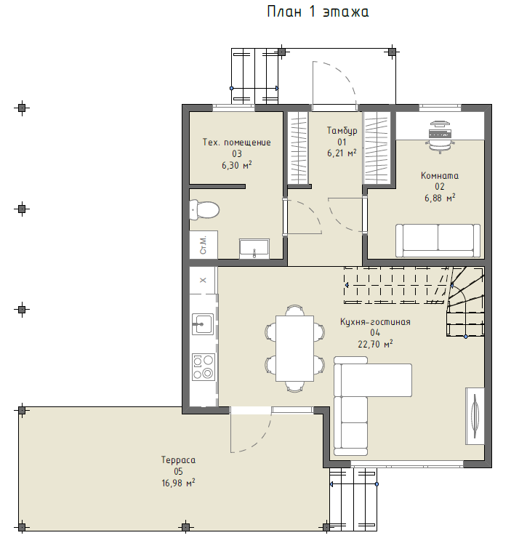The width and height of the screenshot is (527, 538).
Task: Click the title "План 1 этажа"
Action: click(318, 12)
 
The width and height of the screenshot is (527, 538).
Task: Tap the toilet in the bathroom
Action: click(204, 209)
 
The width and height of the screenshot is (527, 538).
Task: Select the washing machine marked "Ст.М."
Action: click(204, 244)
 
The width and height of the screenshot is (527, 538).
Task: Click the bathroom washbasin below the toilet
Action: click(254, 249)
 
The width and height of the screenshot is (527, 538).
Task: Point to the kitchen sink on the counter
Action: click(202, 324)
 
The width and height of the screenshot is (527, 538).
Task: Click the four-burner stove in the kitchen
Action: click(204, 367)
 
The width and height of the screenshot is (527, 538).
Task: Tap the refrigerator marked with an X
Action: click(203, 280)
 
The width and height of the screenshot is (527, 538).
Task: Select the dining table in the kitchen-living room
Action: click(294, 348)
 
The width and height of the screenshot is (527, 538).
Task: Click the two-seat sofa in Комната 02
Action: click(438, 241)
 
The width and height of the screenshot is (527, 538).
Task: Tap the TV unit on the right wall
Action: click(475, 416)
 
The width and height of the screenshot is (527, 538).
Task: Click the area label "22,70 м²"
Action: click(375, 344)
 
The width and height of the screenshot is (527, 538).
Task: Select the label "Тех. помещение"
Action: click(236, 142)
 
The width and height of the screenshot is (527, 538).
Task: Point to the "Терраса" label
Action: click(178, 460)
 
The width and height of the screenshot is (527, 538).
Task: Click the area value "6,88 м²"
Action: click(440, 198)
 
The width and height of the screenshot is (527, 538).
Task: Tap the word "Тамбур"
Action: click(342, 131)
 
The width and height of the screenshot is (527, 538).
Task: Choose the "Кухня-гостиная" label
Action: click(375, 322)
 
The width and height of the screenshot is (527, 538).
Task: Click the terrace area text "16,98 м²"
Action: click(178, 483)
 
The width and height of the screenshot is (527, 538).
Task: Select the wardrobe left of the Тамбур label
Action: click(298, 148)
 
